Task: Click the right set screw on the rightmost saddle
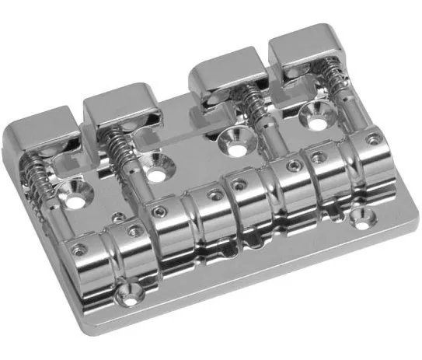[x=374, y=139]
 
